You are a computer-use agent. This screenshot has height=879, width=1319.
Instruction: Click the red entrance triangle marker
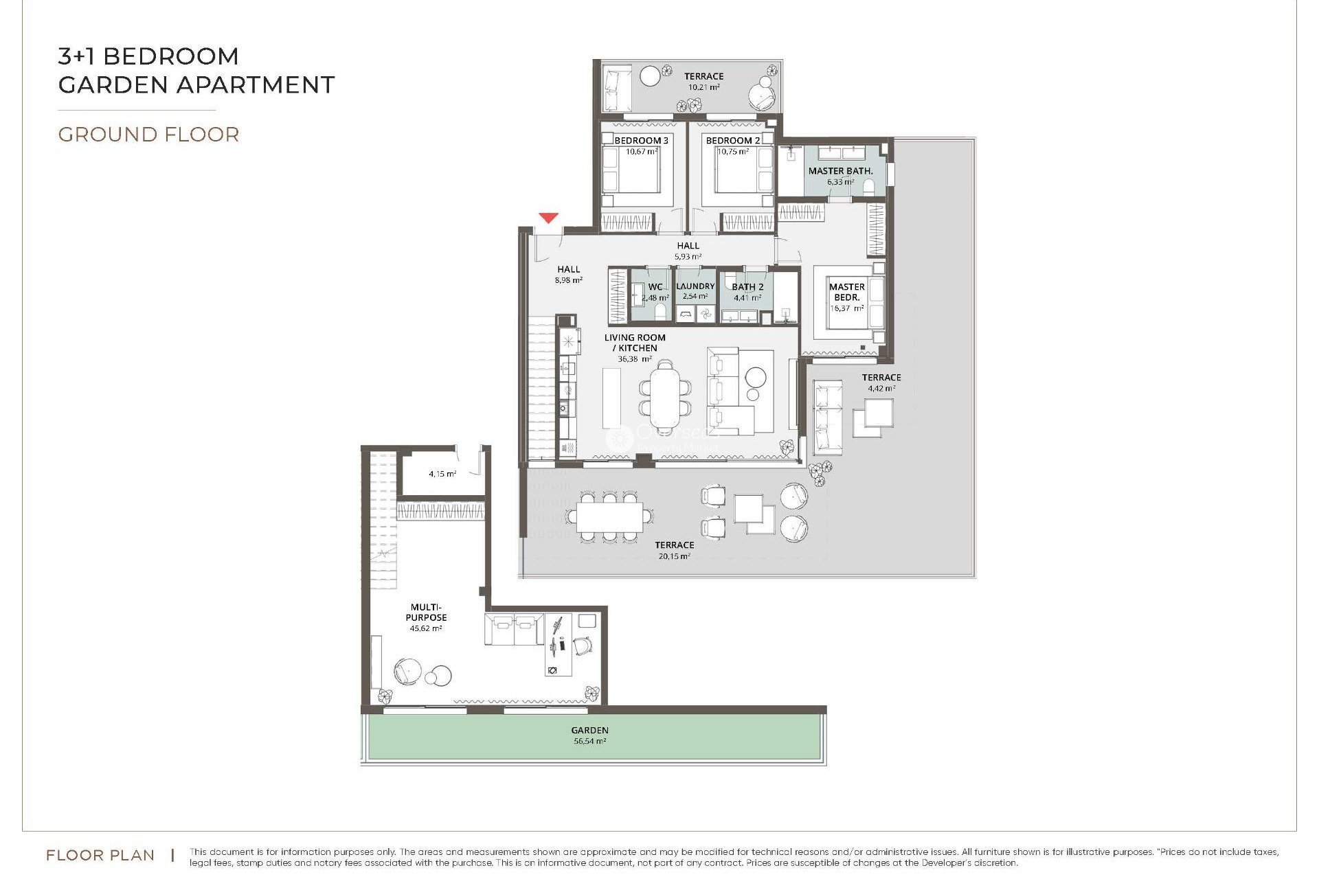(x=548, y=218)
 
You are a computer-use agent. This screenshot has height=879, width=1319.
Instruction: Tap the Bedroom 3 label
(x=641, y=140)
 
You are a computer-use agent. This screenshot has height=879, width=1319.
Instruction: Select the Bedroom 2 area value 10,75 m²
(x=733, y=152)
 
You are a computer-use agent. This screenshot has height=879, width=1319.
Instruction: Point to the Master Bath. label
(x=840, y=170)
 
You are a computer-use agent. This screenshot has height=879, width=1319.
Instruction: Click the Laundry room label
(x=695, y=286)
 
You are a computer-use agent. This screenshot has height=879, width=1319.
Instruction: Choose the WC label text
(x=655, y=287)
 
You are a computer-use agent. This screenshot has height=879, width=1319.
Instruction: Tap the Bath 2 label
(x=747, y=287)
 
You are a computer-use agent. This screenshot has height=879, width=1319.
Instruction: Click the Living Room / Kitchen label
(x=635, y=343)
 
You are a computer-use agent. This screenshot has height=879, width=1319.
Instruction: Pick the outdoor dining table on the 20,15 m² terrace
(x=609, y=517)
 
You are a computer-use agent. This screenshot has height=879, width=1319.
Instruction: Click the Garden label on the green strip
(x=589, y=730)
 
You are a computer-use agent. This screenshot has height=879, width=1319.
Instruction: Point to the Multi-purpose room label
(x=426, y=612)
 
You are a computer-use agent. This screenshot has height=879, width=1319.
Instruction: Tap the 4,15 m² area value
(x=442, y=474)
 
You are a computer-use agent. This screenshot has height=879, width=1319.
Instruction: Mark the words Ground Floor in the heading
(x=148, y=135)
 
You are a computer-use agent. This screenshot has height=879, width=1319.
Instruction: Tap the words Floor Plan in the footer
(x=100, y=855)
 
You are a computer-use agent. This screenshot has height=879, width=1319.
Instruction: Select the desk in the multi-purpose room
(x=558, y=646)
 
